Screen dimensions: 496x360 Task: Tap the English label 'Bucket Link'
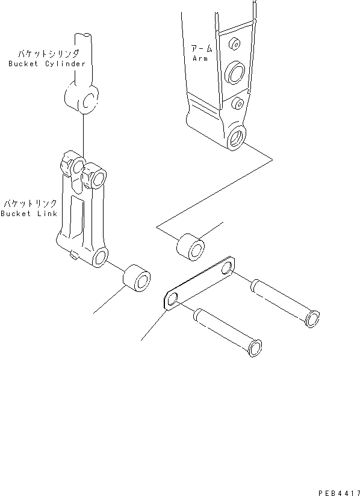point(29,214)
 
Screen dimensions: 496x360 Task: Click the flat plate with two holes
point(199,284)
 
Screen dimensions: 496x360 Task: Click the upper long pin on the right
point(283,301)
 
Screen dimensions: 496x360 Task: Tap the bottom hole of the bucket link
point(99,259)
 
